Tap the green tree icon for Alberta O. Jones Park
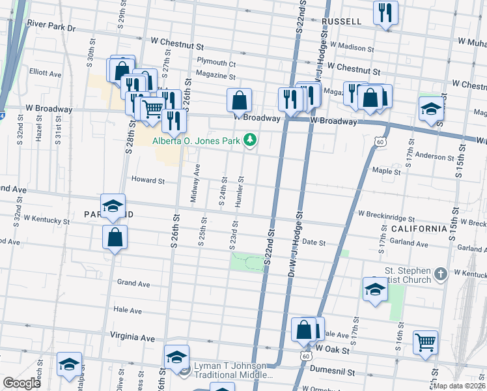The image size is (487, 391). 249,139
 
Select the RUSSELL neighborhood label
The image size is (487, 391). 342,22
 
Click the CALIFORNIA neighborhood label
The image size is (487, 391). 419,229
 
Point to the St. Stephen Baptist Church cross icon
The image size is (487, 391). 441,274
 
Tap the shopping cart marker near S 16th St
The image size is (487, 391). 425,342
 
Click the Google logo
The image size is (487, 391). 21,383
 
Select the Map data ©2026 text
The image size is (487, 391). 460,386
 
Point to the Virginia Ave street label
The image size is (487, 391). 133,338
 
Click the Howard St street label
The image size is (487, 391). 148,180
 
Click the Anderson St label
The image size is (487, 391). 434,157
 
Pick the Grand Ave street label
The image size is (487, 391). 133,283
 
